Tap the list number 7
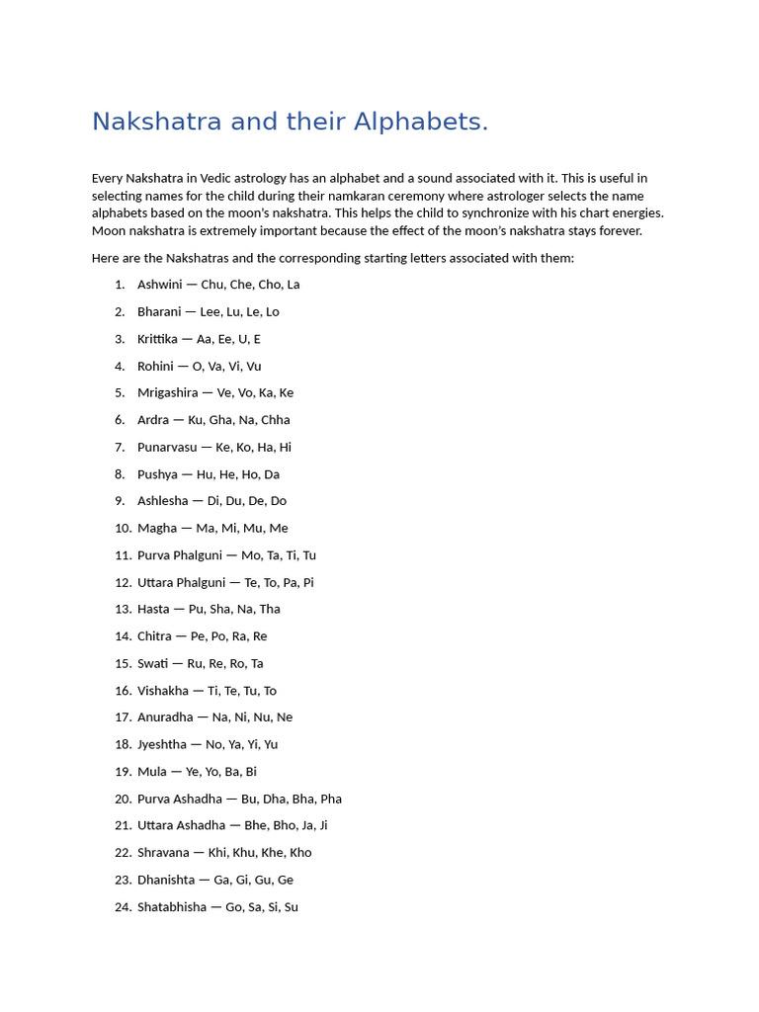coord(120,447)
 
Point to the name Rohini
coord(155,366)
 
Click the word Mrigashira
coord(166,392)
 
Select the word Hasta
coord(153,609)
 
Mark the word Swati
coord(153,663)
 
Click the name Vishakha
coord(163,691)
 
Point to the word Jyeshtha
coord(162,744)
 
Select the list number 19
coord(123,772)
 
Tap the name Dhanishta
coord(167,880)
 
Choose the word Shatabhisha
coord(172,907)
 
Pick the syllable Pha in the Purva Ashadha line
coord(331,799)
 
